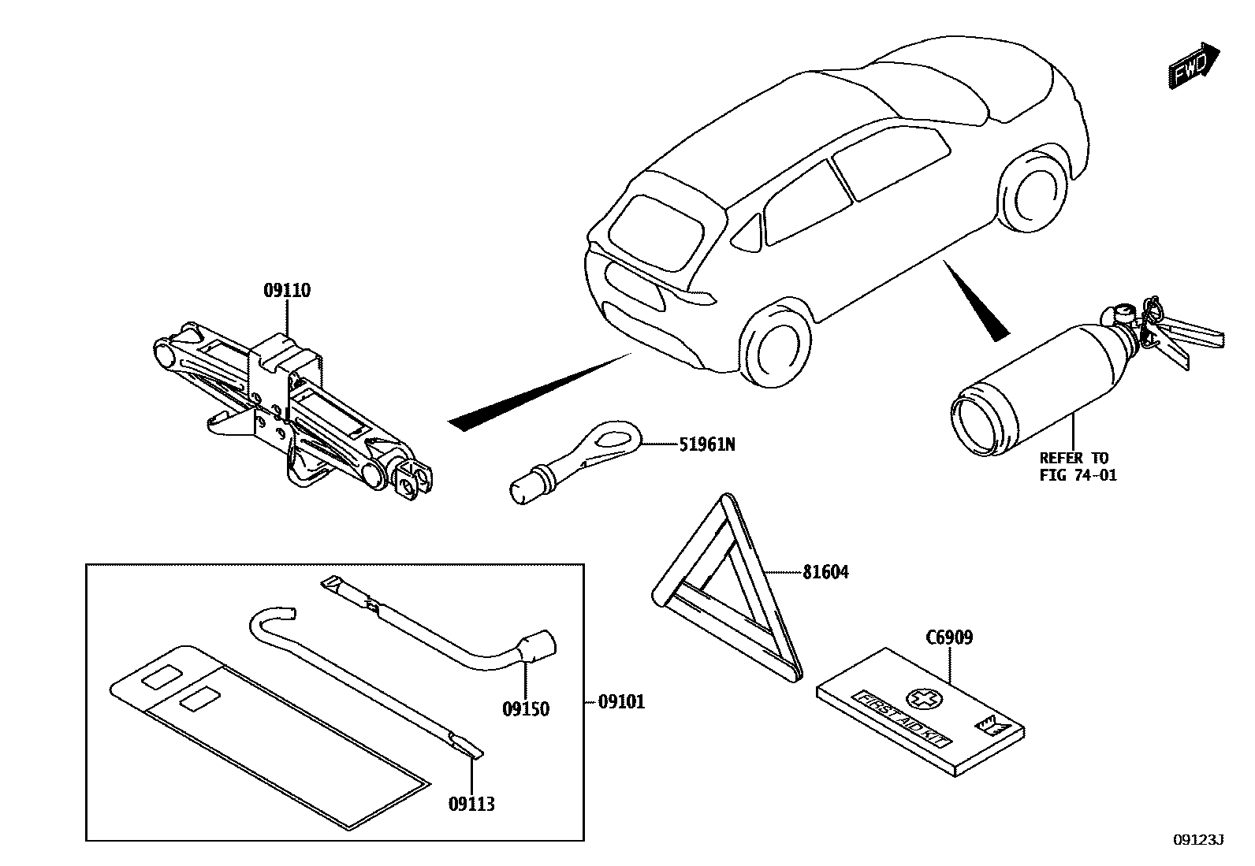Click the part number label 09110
(287, 291)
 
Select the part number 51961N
(706, 445)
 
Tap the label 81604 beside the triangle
(825, 573)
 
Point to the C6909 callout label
(949, 637)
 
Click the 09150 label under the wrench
(526, 709)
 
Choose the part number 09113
(471, 804)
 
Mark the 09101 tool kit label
(621, 701)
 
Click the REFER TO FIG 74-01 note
(1078, 466)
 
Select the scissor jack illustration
(292, 410)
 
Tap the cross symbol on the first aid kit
(918, 697)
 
